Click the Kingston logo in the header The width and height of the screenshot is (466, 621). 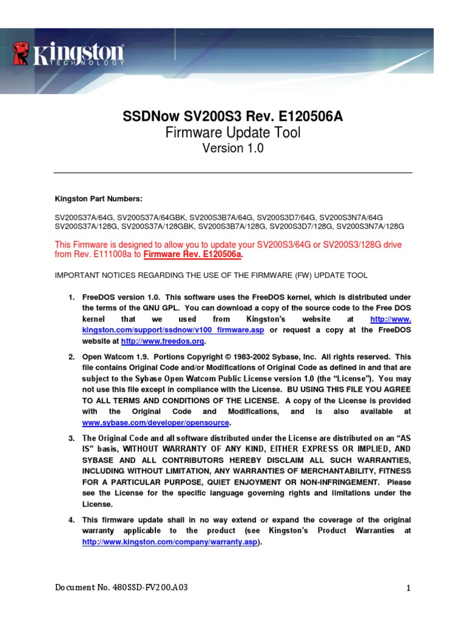pyautogui.click(x=68, y=54)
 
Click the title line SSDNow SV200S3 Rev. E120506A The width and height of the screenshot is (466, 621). pyautogui.click(x=233, y=116)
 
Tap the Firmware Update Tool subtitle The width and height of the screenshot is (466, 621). pyautogui.click(x=233, y=132)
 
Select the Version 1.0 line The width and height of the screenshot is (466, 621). pyautogui.click(x=233, y=148)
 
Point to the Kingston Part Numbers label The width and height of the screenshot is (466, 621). pyautogui.click(x=98, y=198)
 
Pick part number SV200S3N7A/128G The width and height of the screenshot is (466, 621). pyautogui.click(x=370, y=226)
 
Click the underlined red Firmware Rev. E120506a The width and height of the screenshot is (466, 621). pyautogui.click(x=193, y=255)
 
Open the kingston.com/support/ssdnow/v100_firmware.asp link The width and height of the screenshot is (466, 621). pyautogui.click(x=173, y=330)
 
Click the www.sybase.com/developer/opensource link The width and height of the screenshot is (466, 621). pyautogui.click(x=156, y=422)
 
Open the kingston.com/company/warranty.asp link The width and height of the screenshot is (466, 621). pyautogui.click(x=171, y=542)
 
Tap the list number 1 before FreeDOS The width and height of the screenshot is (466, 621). pyautogui.click(x=71, y=297)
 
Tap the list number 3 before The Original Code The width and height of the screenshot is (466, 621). pyautogui.click(x=71, y=438)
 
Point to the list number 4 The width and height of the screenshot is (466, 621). pyautogui.click(x=71, y=520)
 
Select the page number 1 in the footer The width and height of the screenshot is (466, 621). pyautogui.click(x=410, y=588)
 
